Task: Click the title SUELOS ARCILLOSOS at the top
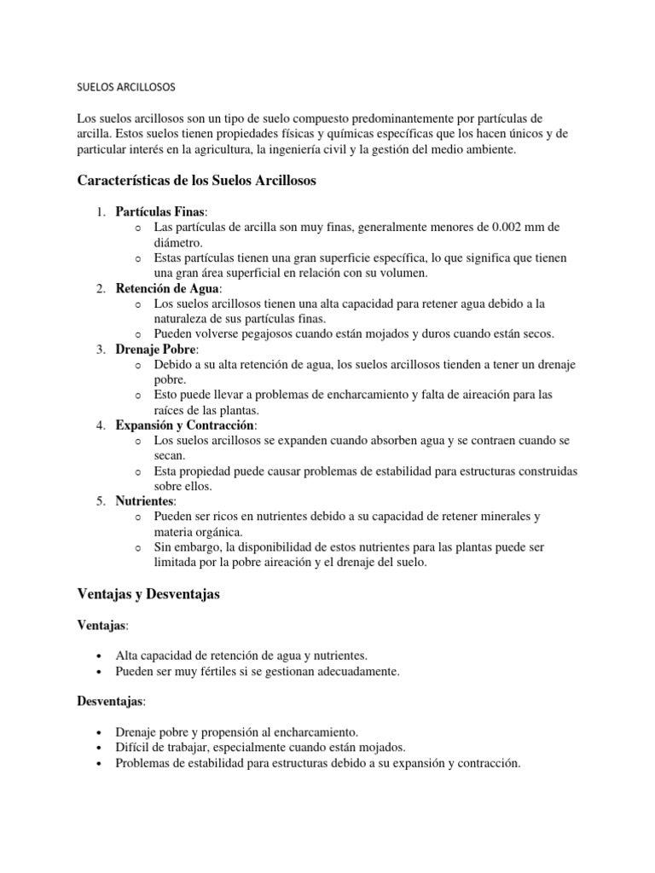click(x=125, y=87)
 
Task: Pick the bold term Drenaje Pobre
click(x=156, y=350)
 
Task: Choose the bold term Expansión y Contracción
click(x=185, y=425)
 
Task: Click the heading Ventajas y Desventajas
click(x=148, y=595)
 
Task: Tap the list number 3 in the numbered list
click(x=100, y=350)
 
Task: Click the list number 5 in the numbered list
click(x=100, y=501)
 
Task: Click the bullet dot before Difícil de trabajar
click(x=101, y=748)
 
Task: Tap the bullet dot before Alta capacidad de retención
click(x=101, y=656)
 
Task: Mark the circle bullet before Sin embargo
click(x=137, y=547)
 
